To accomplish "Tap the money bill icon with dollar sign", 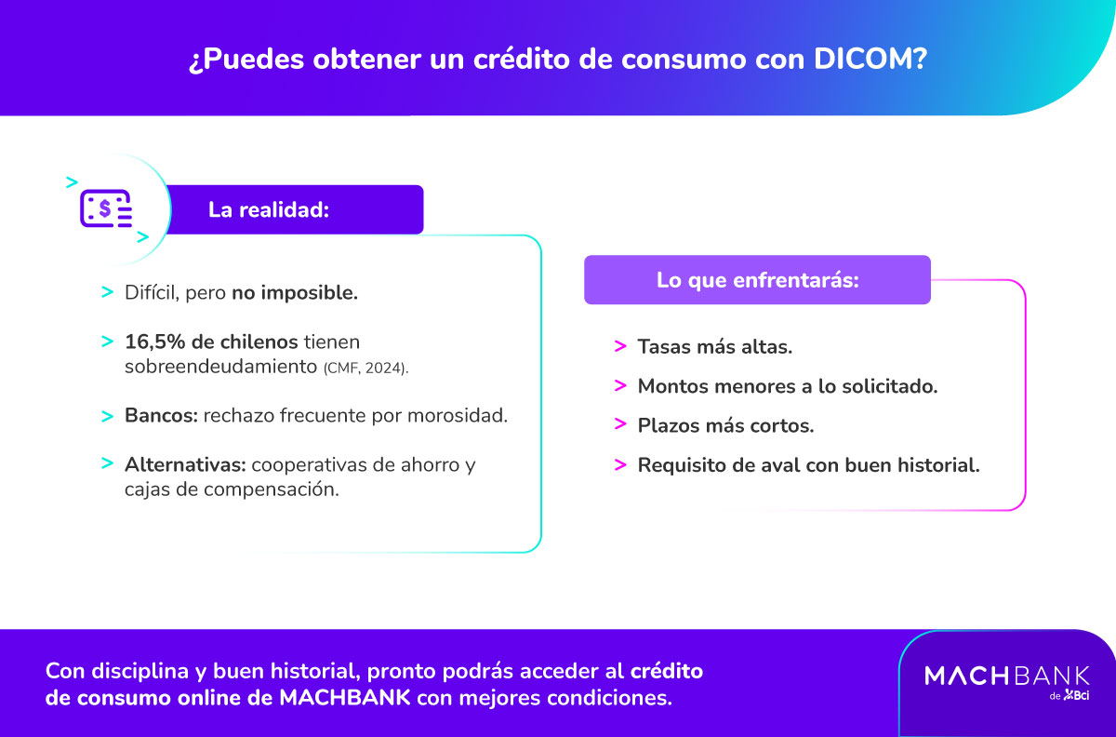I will point(105,209).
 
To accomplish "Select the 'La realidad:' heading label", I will point(269,210).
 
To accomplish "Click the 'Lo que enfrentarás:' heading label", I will point(757,280).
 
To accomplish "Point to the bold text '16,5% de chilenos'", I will point(211,342).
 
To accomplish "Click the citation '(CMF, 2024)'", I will point(365,368).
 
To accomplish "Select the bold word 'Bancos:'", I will point(160,415).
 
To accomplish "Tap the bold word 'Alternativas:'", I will point(185,464).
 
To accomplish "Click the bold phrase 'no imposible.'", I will point(295,292).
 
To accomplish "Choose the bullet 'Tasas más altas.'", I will point(714,346).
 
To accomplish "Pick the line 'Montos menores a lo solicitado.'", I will point(787,385).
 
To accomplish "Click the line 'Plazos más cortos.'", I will point(725,425).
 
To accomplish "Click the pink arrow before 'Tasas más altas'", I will point(620,346).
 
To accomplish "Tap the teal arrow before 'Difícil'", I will point(108,292).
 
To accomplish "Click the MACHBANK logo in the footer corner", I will point(1006,676).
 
